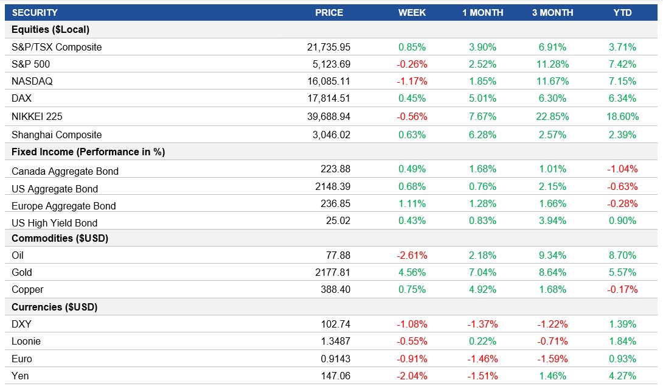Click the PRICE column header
[x=329, y=12]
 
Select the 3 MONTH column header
[x=552, y=12]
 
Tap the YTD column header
[x=623, y=12]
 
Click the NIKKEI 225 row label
[x=36, y=116]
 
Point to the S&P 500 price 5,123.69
[x=329, y=64]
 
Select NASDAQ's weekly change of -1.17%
[x=412, y=81]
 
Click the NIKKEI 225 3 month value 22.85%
[x=552, y=116]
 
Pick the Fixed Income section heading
[x=88, y=152]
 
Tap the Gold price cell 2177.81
[x=335, y=272]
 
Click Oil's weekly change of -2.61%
[x=412, y=255]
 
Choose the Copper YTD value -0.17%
[x=622, y=289]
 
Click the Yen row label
[x=20, y=376]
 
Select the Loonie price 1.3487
[x=335, y=341]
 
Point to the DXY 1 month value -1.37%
[x=482, y=324]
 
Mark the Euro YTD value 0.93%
[x=622, y=359]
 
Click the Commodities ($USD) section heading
[x=60, y=238]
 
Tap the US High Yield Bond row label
[x=54, y=223]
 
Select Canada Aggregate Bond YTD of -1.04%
[x=622, y=169]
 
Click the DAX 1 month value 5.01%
[x=482, y=98]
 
